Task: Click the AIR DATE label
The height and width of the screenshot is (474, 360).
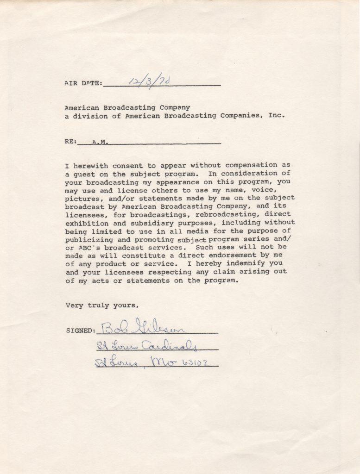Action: pos(83,83)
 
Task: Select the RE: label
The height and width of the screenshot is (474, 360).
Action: pos(70,142)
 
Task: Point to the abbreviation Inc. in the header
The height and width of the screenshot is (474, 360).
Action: pos(277,116)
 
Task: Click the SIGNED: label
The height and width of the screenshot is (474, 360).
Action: pos(80,331)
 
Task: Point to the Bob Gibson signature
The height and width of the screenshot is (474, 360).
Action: pos(143,327)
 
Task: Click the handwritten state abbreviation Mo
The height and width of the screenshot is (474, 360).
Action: pos(164,362)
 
